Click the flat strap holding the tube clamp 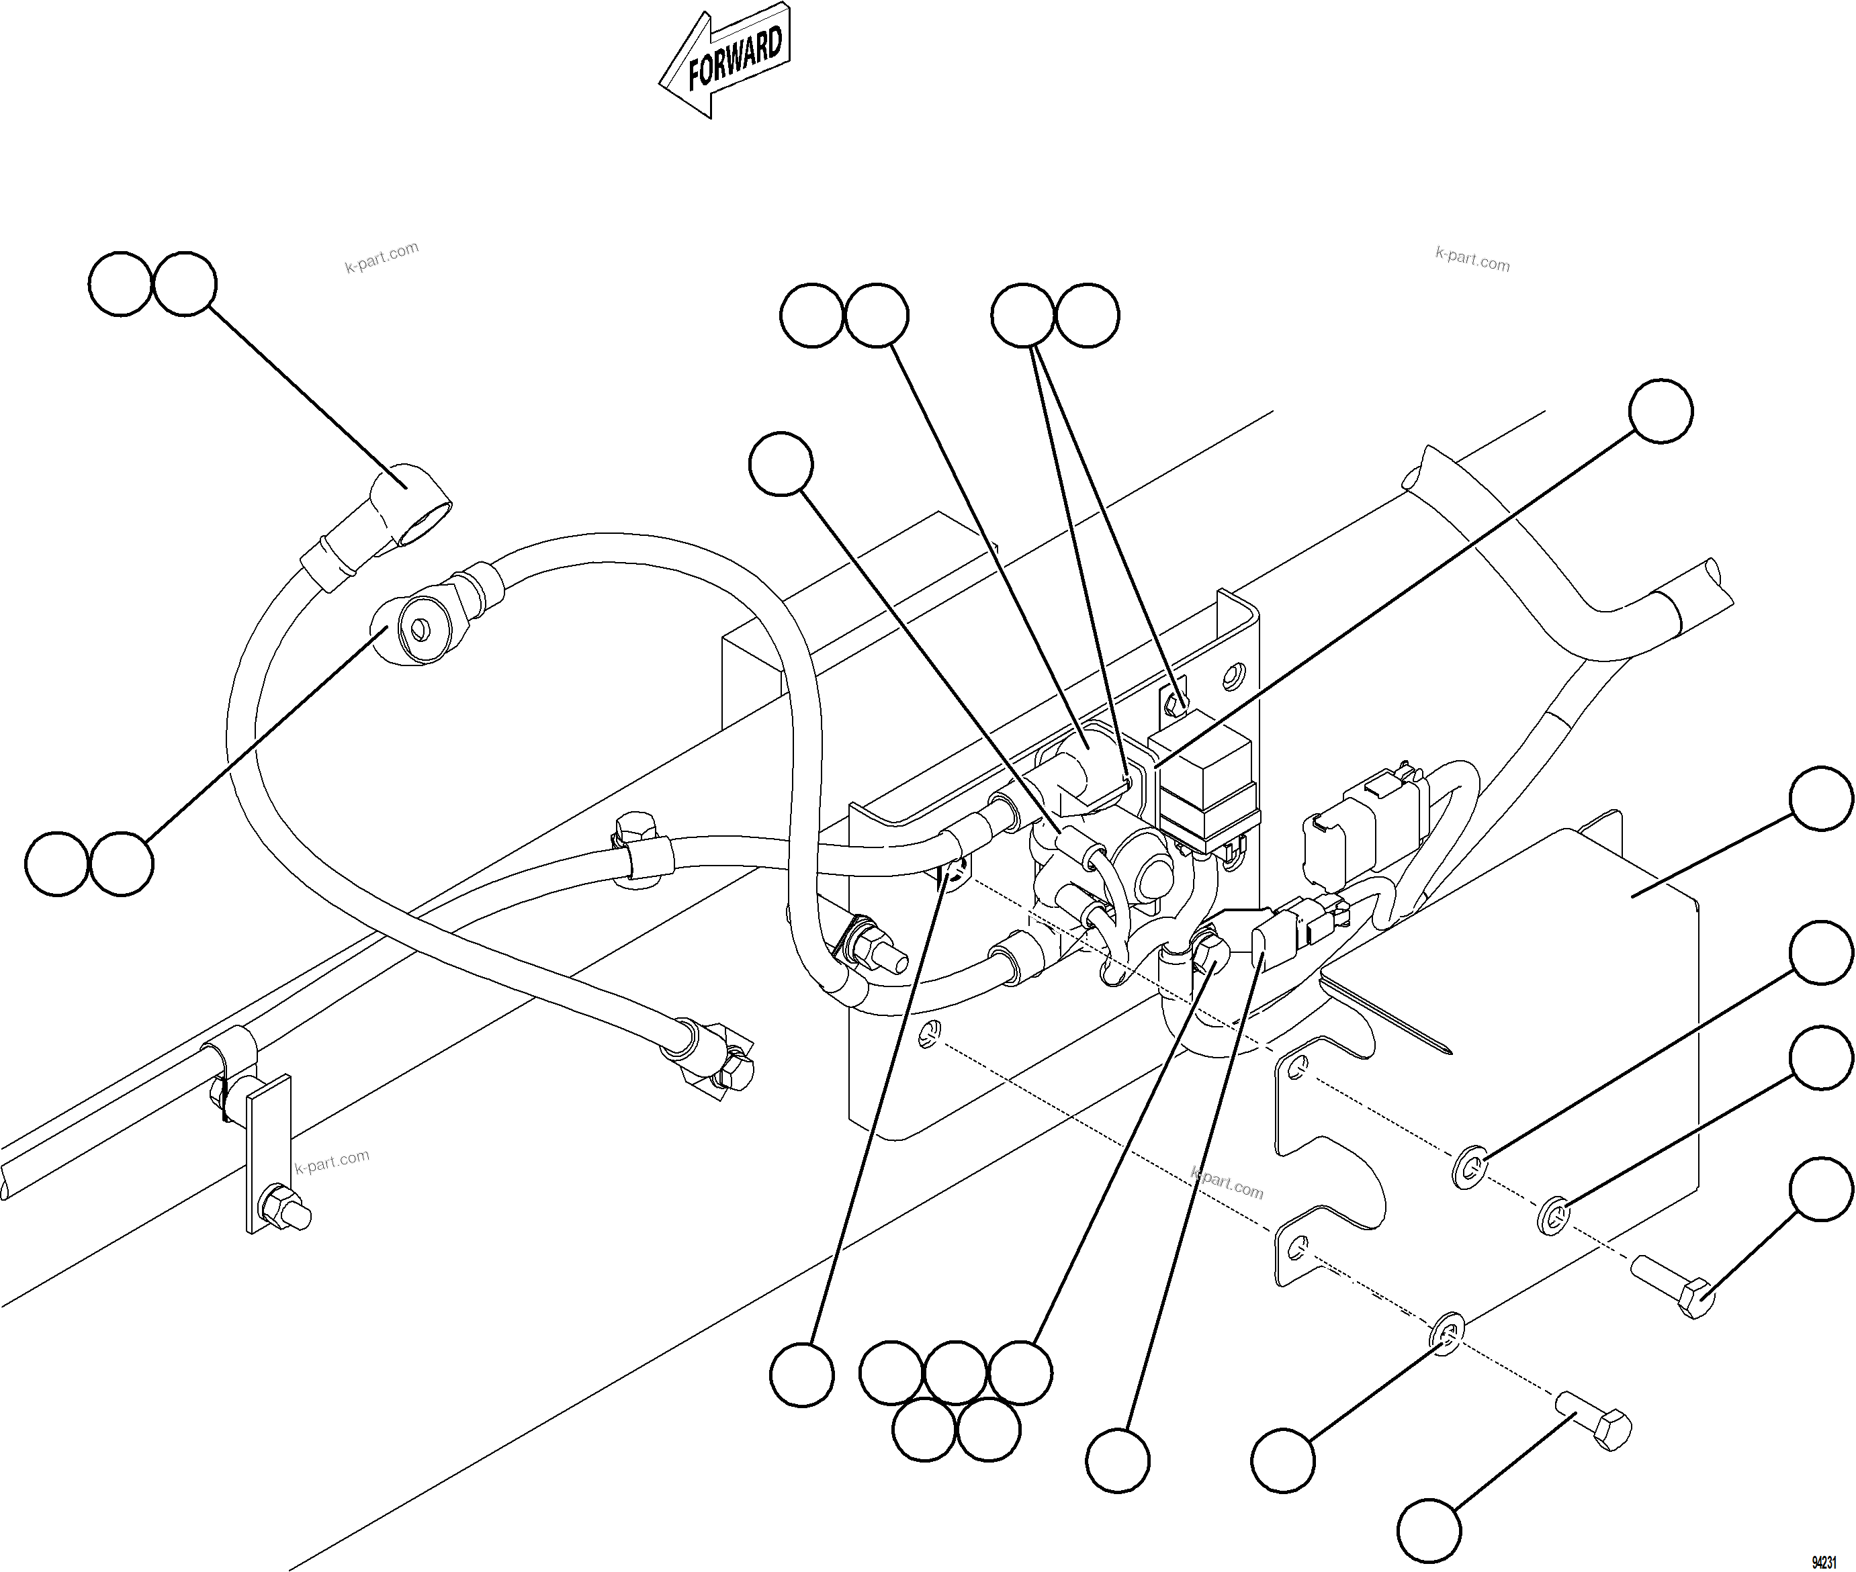point(264,1150)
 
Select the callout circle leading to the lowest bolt point(1428,1531)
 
